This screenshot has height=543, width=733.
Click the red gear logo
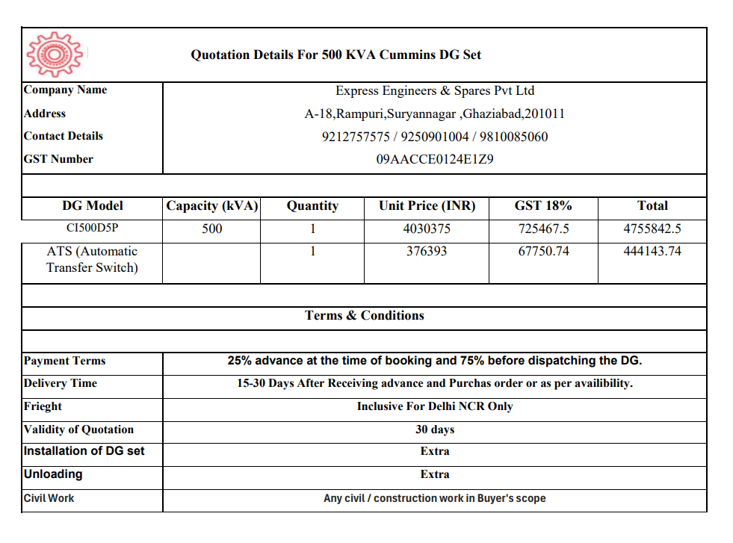tap(52, 55)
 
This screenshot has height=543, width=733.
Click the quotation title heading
tap(335, 55)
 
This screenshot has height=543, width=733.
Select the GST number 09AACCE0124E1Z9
tap(435, 159)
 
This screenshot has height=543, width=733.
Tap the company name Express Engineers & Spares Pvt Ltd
tap(435, 91)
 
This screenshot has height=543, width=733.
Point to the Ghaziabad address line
tap(435, 114)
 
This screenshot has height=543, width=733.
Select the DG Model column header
tap(93, 206)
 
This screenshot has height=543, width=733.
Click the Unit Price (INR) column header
tap(427, 206)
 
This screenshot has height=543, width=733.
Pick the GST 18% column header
tap(543, 206)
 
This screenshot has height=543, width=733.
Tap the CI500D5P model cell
tap(93, 229)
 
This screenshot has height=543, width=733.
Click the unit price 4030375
tap(427, 229)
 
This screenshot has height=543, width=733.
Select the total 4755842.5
tap(652, 229)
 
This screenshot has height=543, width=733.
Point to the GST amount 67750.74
tap(543, 252)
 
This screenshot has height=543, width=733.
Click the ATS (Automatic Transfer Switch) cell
tap(93, 259)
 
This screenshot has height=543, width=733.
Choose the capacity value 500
tap(212, 229)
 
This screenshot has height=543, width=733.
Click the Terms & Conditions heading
tap(365, 315)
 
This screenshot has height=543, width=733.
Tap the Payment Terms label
tap(65, 361)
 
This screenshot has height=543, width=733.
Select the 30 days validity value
tap(435, 429)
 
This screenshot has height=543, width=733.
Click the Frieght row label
tap(43, 406)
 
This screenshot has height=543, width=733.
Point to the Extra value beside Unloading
tap(435, 474)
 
